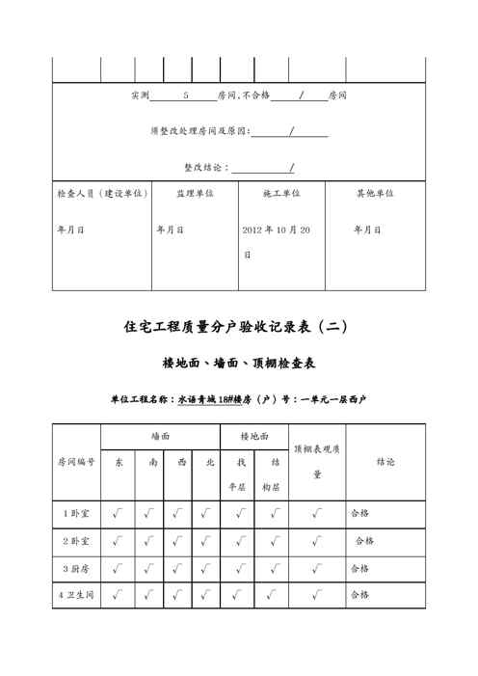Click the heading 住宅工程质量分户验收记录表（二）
(x=238, y=327)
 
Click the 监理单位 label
(x=194, y=193)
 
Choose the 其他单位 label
(x=374, y=193)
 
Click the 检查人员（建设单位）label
(x=102, y=193)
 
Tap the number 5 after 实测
(x=185, y=96)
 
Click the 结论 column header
(x=385, y=462)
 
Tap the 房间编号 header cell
(x=77, y=462)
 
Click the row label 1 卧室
(x=77, y=513)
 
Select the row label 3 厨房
(x=77, y=568)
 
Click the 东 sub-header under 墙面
(x=119, y=463)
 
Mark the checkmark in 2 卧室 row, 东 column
(x=118, y=541)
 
